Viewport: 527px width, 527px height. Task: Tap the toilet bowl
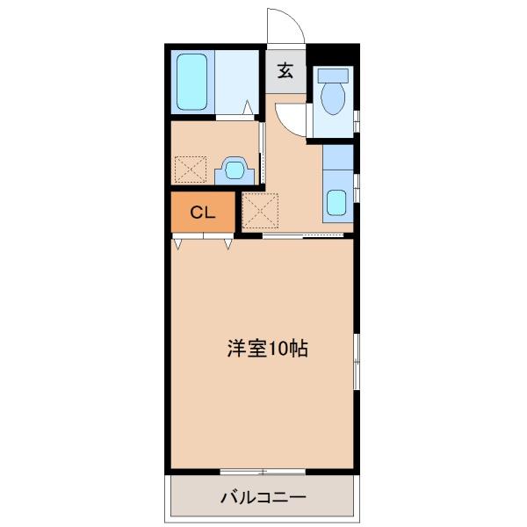click(x=334, y=99)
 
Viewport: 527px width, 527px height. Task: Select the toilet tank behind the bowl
click(x=334, y=76)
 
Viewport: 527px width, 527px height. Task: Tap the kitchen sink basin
click(x=337, y=202)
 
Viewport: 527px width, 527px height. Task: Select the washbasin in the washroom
click(x=233, y=168)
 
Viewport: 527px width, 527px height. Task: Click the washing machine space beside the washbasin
click(x=191, y=169)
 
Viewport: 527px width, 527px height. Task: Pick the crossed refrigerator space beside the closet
click(x=259, y=211)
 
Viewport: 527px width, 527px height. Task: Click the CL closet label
click(x=202, y=212)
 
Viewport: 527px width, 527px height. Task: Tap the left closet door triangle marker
click(x=179, y=243)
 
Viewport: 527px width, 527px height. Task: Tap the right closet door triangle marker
click(x=228, y=243)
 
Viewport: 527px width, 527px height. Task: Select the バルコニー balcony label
click(x=263, y=498)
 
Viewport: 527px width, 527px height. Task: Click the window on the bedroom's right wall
click(x=356, y=361)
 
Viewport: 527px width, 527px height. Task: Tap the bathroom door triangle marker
click(x=249, y=110)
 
